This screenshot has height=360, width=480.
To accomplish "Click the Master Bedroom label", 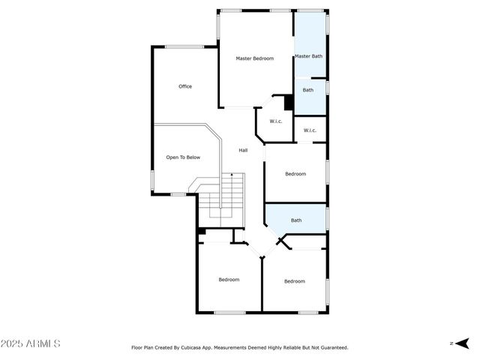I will tap(254, 58).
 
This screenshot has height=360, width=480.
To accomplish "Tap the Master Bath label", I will tap(308, 56).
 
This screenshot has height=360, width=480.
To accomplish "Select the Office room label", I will tap(185, 86).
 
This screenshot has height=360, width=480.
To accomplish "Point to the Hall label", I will tap(243, 151).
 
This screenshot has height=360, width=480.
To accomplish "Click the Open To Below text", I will tap(183, 157).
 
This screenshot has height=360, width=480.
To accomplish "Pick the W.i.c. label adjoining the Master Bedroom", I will tap(274, 121).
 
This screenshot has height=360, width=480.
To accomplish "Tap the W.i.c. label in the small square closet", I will tap(310, 130).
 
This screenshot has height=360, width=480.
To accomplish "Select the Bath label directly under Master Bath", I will tap(308, 91).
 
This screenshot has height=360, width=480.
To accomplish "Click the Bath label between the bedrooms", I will tap(296, 220).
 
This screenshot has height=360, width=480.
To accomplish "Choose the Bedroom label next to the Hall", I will tap(295, 174).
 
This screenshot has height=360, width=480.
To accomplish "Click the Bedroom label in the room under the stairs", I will tap(229, 280).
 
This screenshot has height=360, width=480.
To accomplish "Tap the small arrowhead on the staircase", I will tap(232, 175).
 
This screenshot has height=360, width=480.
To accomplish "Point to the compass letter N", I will tap(451, 343).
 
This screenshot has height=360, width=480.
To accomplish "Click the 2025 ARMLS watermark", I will tap(31, 343).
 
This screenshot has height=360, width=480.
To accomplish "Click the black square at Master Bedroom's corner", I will tap(287, 103).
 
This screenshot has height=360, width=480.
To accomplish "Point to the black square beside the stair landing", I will tap(202, 232).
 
